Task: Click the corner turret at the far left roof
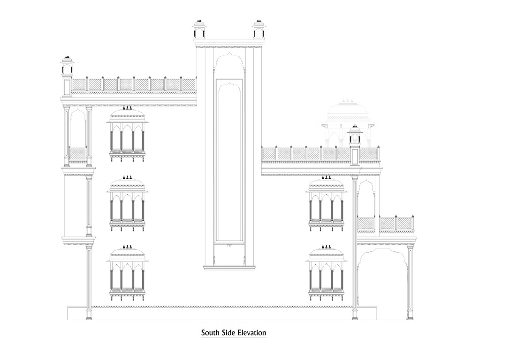(67, 76)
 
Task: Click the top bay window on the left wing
(127, 135)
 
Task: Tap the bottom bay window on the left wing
(127, 273)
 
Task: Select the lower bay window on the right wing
(326, 273)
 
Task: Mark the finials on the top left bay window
(127, 108)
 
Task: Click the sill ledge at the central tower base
(229, 268)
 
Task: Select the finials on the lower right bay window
(326, 247)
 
